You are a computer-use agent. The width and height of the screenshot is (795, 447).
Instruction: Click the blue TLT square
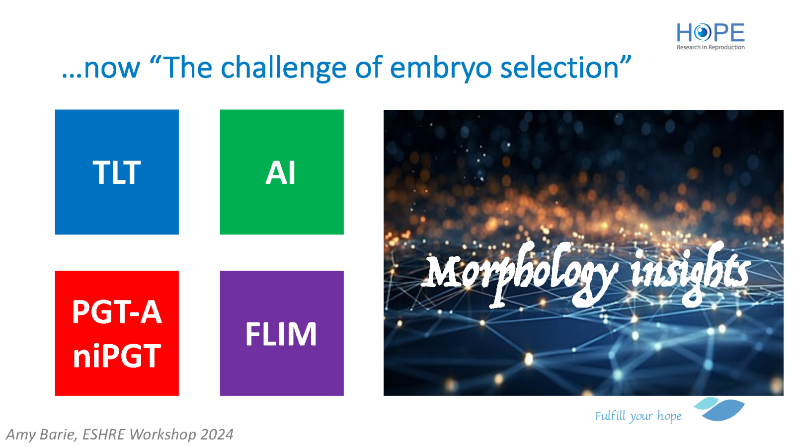point(117,172)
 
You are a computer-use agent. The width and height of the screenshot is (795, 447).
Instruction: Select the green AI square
point(282,172)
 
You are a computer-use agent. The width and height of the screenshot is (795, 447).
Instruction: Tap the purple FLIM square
point(282,333)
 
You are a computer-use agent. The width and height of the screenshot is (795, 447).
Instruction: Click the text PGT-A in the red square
point(117,312)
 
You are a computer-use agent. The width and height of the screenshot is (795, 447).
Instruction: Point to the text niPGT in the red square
point(117,356)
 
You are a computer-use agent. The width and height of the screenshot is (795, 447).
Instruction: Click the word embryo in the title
point(440,68)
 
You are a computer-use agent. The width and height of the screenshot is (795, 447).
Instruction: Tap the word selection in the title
point(559,68)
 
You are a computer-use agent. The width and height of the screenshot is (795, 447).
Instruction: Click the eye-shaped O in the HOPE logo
point(702,33)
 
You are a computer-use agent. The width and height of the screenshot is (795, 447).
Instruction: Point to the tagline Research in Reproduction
point(711,47)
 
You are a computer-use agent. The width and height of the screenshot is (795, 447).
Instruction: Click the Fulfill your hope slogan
point(638,416)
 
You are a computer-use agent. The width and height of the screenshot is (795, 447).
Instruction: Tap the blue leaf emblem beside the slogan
point(720,409)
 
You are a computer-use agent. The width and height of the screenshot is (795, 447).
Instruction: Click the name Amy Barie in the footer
point(41,435)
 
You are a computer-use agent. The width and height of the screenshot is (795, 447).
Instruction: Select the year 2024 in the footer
point(217,435)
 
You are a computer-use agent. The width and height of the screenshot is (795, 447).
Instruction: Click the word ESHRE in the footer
point(104,435)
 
